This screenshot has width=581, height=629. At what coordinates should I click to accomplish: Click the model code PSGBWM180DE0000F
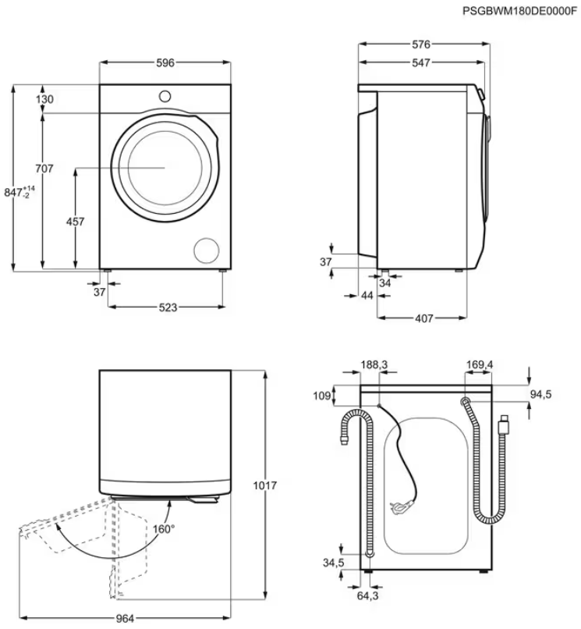(519, 11)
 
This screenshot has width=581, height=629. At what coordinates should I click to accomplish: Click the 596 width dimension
(165, 62)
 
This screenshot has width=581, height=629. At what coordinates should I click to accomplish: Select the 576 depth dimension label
(421, 44)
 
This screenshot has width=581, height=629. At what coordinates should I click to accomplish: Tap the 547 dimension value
(421, 62)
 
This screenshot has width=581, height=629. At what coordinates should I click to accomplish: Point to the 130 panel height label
(44, 99)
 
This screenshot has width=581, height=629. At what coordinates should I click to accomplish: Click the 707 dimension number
(44, 169)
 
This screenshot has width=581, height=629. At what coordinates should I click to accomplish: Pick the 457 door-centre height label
(76, 222)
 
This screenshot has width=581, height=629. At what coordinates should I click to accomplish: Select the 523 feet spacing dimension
(168, 307)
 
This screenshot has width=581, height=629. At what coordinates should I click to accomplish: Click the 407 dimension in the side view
(423, 318)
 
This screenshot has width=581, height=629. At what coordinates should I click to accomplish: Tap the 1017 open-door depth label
(264, 485)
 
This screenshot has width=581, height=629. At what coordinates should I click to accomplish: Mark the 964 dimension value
(125, 619)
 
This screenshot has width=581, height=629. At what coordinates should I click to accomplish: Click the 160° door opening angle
(164, 529)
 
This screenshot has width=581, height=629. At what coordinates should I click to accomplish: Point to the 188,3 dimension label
(374, 364)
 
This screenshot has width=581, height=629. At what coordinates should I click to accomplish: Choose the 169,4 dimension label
(480, 364)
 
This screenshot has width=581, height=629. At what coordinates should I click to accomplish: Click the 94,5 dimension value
(541, 395)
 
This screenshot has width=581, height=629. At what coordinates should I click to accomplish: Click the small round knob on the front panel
(165, 96)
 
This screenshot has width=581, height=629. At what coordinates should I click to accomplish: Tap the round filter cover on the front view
(207, 251)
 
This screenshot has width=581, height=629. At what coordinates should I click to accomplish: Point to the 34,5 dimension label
(334, 563)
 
